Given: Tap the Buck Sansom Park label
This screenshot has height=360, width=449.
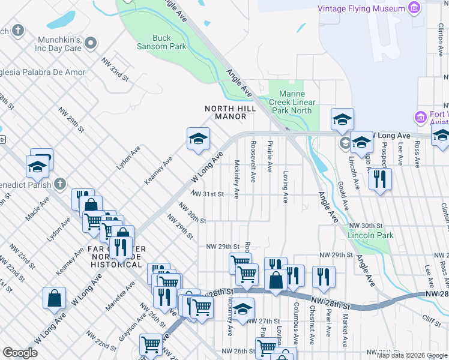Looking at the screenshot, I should pyautogui.click(x=161, y=42).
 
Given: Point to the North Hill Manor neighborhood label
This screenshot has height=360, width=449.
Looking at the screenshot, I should pyautogui.click(x=230, y=112).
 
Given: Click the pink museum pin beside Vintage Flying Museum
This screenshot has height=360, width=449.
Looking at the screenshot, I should pyautogui.click(x=413, y=8).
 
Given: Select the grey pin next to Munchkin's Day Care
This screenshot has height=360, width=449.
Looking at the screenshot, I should pyautogui.click(x=91, y=43).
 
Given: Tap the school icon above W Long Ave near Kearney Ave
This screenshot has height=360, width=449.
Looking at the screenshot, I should pyautogui.click(x=198, y=139).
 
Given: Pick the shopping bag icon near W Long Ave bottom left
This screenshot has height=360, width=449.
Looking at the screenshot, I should pyautogui.click(x=54, y=298).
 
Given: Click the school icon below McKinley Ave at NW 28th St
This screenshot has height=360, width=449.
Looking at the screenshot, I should pyautogui.click(x=243, y=310).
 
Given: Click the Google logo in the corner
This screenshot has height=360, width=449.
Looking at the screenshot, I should pyautogui.click(x=20, y=353).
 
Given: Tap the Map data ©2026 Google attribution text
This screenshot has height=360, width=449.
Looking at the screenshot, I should pyautogui.click(x=412, y=355).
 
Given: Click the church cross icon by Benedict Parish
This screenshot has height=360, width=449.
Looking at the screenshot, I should pyautogui.click(x=59, y=183).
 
